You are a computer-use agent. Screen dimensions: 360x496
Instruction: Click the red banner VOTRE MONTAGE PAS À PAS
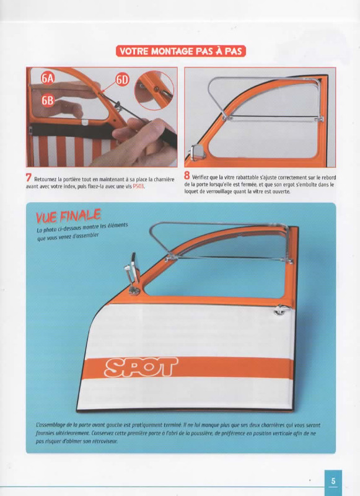click(180, 51)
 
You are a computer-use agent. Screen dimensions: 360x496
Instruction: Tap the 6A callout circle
click(48, 78)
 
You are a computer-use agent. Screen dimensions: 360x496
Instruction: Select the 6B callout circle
click(48, 100)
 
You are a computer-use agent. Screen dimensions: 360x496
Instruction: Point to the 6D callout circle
click(122, 80)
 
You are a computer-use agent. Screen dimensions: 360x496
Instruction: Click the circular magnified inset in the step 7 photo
click(154, 91)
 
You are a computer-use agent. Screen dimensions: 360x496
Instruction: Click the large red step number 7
click(29, 177)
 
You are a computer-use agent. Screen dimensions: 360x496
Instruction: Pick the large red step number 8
click(187, 175)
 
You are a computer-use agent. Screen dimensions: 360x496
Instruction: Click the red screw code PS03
click(138, 187)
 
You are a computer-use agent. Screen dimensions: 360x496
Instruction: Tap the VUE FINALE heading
click(68, 216)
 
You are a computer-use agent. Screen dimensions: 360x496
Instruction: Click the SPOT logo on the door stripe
click(141, 367)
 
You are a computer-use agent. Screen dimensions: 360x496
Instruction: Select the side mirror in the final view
click(133, 273)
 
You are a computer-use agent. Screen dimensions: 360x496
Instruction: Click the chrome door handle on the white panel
click(281, 310)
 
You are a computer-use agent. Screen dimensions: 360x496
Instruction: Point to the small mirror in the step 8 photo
click(198, 153)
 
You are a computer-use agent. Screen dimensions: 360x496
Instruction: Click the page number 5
click(333, 481)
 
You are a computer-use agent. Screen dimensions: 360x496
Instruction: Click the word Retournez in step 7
click(46, 179)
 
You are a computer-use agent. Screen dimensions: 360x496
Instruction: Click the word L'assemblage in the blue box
click(50, 425)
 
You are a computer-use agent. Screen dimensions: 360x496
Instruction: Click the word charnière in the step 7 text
click(164, 179)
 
